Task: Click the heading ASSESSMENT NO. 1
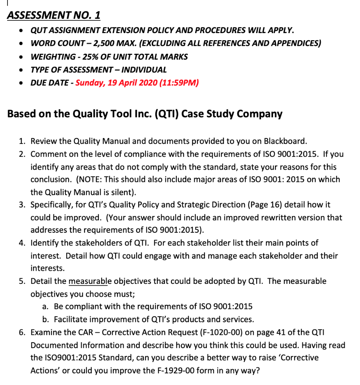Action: (54, 15)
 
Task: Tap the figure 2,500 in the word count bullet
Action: (105, 43)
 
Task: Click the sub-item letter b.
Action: (46, 320)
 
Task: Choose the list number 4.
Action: (22, 243)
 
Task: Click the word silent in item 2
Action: (123, 192)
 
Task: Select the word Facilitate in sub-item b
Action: (72, 320)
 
